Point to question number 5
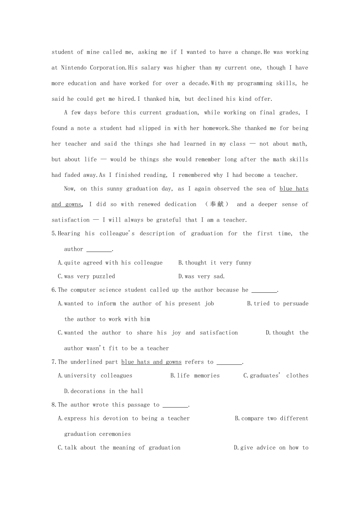pyautogui.click(x=54, y=234)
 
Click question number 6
pyautogui.click(x=54, y=290)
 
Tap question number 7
pyautogui.click(x=54, y=362)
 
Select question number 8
pyautogui.click(x=54, y=405)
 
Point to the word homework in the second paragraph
pyautogui.click(x=216, y=128)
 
